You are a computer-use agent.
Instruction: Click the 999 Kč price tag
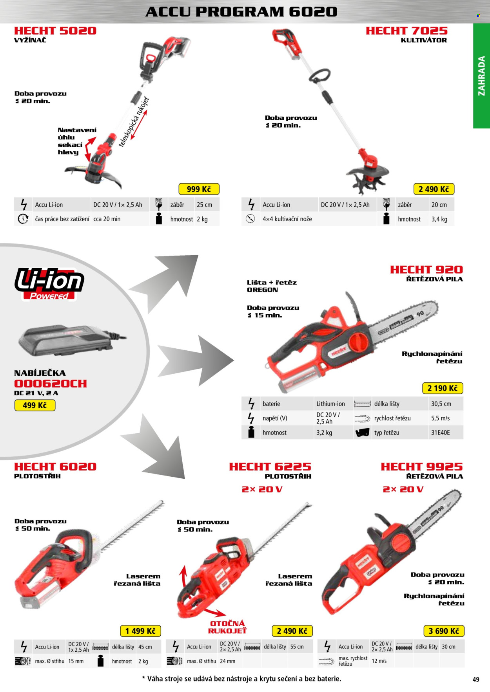click(x=199, y=189)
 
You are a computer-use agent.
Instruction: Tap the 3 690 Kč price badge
click(x=444, y=631)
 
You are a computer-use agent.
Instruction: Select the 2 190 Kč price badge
click(x=443, y=388)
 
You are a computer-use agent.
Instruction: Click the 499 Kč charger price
click(x=35, y=405)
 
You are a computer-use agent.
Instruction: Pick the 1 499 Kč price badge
click(x=140, y=631)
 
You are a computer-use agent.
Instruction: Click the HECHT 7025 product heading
click(x=407, y=31)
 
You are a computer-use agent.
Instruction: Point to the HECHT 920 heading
click(x=426, y=269)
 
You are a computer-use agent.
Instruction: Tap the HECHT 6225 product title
click(x=270, y=467)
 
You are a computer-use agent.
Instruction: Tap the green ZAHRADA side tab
click(x=481, y=76)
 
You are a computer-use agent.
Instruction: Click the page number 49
click(x=476, y=679)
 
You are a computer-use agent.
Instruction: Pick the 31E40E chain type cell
click(x=441, y=432)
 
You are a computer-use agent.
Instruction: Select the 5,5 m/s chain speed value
click(x=441, y=418)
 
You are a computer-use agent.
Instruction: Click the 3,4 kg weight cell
click(x=439, y=219)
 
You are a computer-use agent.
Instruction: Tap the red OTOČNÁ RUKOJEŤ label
click(x=227, y=627)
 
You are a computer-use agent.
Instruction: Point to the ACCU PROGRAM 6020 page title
click(x=241, y=12)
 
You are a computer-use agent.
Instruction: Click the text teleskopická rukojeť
click(x=134, y=121)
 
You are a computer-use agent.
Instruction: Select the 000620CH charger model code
click(x=51, y=384)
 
